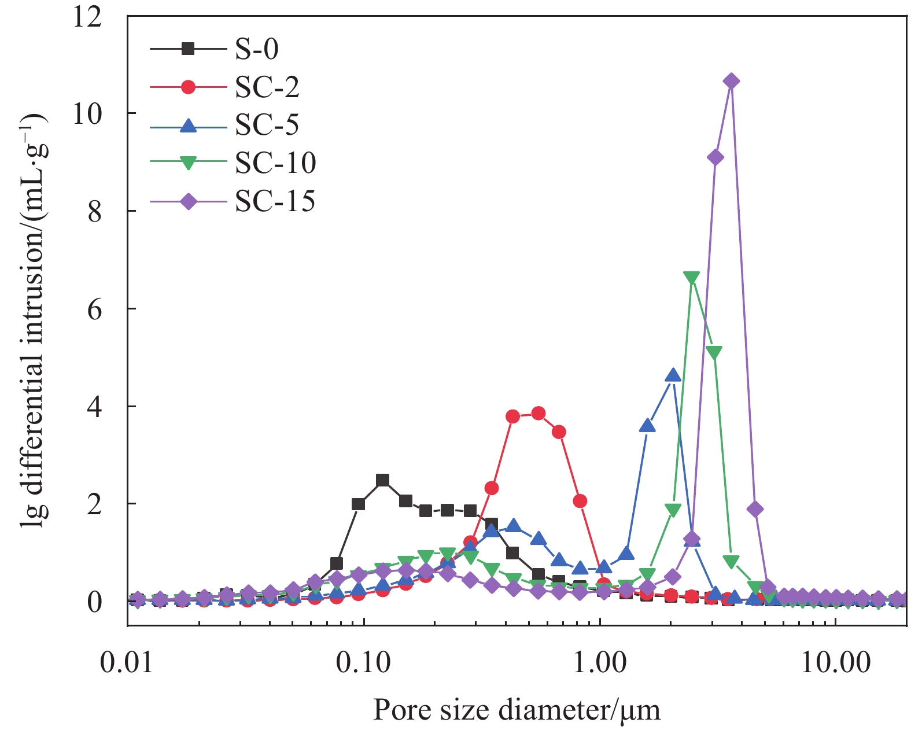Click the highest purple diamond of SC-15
tap(732, 81)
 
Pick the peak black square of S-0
tap(382, 480)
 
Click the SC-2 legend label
tap(267, 87)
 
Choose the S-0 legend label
tap(257, 49)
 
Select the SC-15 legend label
tap(275, 201)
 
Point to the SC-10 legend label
tap(275, 163)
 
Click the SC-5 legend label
tap(267, 125)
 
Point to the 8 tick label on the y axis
tap(95, 212)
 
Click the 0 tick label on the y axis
tap(95, 602)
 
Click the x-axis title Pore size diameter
tap(517, 709)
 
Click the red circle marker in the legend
tap(188, 87)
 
